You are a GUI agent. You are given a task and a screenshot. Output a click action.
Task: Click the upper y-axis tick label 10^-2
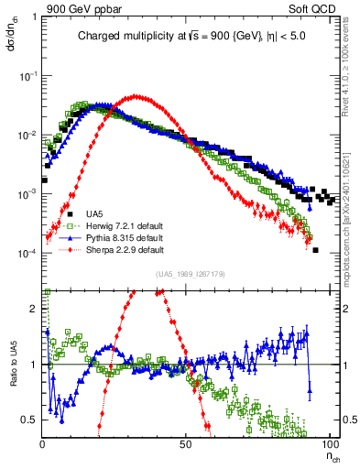[28, 136]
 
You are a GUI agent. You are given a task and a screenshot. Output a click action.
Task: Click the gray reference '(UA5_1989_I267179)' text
[190, 274]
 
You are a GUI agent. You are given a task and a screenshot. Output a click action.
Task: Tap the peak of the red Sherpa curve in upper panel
[137, 95]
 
